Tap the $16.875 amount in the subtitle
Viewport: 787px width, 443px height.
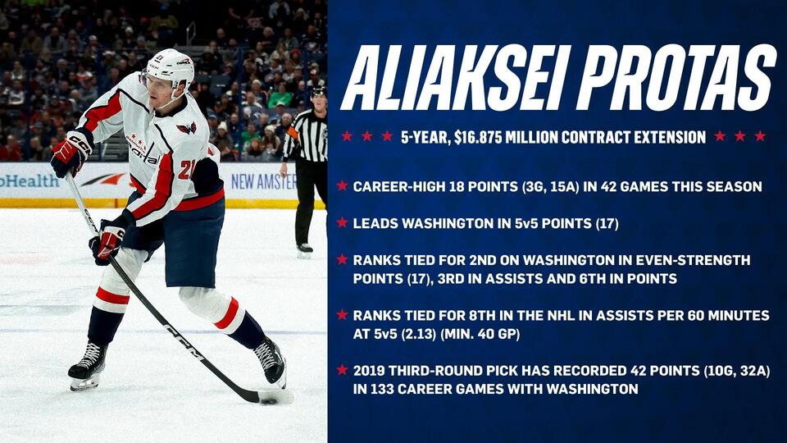click(x=494, y=137)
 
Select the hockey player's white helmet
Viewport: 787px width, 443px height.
click(x=168, y=66)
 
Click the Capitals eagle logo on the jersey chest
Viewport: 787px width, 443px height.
click(x=187, y=128)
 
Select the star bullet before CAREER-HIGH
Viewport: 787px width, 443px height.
click(x=342, y=186)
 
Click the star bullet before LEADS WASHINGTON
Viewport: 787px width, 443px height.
click(x=342, y=223)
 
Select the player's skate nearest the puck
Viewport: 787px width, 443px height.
click(x=271, y=361)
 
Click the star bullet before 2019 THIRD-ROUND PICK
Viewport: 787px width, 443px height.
click(x=342, y=370)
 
